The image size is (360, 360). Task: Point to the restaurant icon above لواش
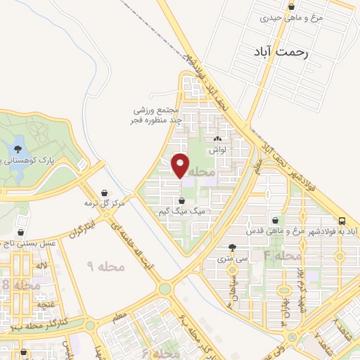[217, 140]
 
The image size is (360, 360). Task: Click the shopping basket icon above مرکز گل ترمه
[105, 193]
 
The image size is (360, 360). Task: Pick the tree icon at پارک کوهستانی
[15, 149]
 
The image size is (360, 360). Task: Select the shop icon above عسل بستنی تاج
[22, 231]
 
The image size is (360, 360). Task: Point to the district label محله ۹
[106, 266]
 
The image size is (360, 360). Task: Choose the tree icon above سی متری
[233, 247]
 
